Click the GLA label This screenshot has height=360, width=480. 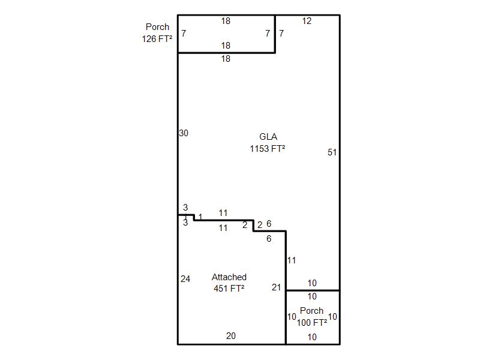pyautogui.click(x=268, y=137)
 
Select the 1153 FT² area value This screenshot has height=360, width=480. pyautogui.click(x=268, y=149)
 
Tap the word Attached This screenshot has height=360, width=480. pyautogui.click(x=229, y=277)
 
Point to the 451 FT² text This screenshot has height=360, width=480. pyautogui.click(x=229, y=289)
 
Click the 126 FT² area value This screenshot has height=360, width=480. pyautogui.click(x=157, y=39)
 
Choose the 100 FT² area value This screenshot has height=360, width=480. pyautogui.click(x=312, y=322)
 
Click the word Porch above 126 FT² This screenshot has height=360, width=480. pyautogui.click(x=157, y=27)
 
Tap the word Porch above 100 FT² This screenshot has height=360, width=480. pyautogui.click(x=311, y=311)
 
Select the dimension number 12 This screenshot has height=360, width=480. pyautogui.click(x=307, y=21)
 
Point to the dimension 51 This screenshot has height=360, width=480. pyautogui.click(x=332, y=152)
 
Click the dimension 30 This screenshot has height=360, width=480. pyautogui.click(x=184, y=133)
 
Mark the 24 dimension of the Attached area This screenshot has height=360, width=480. pyautogui.click(x=185, y=279)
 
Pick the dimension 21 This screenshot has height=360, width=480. pyautogui.click(x=277, y=287)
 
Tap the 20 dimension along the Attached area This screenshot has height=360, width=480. pyautogui.click(x=231, y=336)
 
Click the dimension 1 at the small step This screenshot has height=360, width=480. pyautogui.click(x=200, y=217)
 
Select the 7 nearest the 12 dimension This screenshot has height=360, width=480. pyautogui.click(x=281, y=33)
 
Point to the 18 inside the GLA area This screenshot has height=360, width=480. pyautogui.click(x=226, y=59)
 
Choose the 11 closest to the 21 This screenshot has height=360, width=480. pyautogui.click(x=292, y=260)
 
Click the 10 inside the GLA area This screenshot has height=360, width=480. pyautogui.click(x=312, y=283)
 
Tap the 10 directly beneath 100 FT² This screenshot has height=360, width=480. pyautogui.click(x=312, y=337)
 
